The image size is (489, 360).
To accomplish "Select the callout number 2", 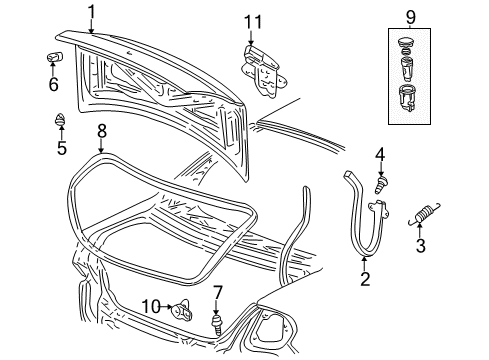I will coord(365,278).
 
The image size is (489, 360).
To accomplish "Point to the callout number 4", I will coord(380,154).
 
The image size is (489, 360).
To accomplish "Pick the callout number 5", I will coord(61,149).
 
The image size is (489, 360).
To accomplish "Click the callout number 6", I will coord(53,85).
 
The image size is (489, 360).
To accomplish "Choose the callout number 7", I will coord(217,293).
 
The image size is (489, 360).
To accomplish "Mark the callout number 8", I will coord(101,130).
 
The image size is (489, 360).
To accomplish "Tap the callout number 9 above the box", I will coord(410,16).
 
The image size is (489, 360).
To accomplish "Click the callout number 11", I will coord(254,21).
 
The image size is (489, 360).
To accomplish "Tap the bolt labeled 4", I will coord(380,184).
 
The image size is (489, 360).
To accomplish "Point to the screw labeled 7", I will coord(218,325).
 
